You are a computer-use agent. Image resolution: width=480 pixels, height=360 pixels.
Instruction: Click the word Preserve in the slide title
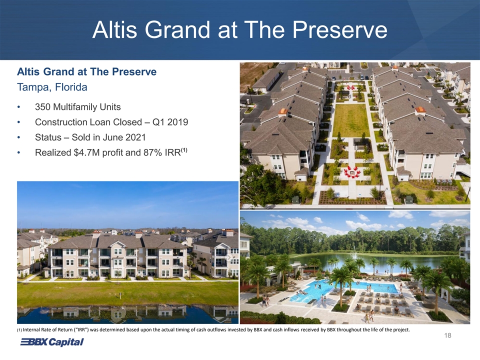pos(340,30)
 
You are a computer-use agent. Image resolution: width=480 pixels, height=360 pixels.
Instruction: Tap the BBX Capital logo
pos(51,342)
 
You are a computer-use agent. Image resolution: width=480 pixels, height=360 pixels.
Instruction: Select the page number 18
pos(447,336)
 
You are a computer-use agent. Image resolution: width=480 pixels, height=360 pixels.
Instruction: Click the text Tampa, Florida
pos(52,87)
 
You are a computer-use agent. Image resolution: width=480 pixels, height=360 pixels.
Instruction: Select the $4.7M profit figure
pos(87,152)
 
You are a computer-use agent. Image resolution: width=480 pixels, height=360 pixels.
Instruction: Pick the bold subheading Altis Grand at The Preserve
pos(86,71)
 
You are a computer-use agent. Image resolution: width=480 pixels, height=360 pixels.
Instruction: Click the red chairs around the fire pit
pos(352,172)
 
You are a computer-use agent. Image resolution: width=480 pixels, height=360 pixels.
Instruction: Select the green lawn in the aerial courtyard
pos(350,120)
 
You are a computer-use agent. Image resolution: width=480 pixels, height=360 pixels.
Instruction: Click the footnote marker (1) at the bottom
pos(19,330)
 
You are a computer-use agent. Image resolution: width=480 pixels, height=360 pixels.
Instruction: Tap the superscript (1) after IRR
pos(184,150)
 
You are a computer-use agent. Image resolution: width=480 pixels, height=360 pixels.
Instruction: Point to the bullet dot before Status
pos(19,137)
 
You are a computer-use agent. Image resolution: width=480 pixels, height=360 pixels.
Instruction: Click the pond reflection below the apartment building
pos(127,314)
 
